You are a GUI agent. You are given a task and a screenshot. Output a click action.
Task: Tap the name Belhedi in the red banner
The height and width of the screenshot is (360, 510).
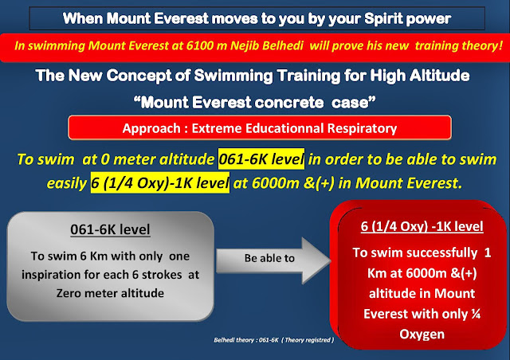tap(283, 45)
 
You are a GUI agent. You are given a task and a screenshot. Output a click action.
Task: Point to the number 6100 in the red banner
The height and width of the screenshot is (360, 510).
tap(200, 45)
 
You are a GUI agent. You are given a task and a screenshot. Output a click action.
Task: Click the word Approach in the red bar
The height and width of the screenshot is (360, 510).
tap(151, 128)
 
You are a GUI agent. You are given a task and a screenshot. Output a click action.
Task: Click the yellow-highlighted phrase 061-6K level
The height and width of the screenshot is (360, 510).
tap(261, 159)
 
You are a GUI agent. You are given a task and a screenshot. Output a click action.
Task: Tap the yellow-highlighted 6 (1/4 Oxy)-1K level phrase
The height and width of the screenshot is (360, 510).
tap(159, 182)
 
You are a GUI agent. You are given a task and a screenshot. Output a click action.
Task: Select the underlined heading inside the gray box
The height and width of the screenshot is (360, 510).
tap(110, 229)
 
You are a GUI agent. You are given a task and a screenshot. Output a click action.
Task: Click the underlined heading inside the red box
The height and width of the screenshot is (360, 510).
tap(422, 226)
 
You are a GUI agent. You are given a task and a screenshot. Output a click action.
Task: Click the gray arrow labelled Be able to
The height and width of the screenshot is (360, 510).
tap(273, 260)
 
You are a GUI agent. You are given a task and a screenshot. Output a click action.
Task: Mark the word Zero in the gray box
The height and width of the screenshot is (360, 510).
tap(69, 293)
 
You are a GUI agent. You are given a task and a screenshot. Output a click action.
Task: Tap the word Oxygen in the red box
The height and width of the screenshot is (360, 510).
tap(422, 335)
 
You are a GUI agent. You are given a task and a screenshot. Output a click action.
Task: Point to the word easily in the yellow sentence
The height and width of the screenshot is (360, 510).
tap(67, 183)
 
